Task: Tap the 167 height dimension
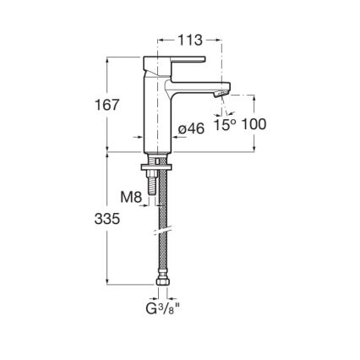click(x=106, y=104)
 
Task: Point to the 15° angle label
click(x=224, y=125)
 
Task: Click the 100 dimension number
click(x=254, y=125)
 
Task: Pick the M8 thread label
click(x=130, y=198)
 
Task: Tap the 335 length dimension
click(x=106, y=218)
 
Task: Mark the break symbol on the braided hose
click(x=161, y=230)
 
